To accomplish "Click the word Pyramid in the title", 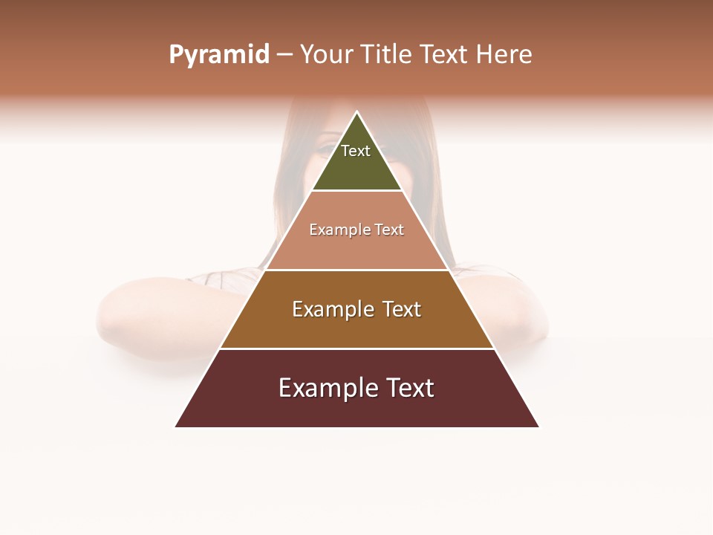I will (218, 55).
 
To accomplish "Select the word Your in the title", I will (328, 55).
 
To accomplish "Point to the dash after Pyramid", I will (284, 55).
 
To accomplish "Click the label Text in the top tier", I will (356, 151).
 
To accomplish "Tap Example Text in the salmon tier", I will (356, 230).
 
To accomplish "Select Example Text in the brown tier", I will (356, 309).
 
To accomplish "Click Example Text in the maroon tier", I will (356, 388).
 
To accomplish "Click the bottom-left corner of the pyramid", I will (176, 427).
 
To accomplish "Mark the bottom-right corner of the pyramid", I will (538, 427).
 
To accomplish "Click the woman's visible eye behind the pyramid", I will (327, 149).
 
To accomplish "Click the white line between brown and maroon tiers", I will (356, 348).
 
